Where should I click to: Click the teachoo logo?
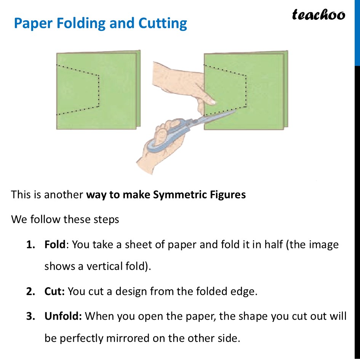pyautogui.click(x=318, y=15)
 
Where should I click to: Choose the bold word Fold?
pyautogui.click(x=55, y=244)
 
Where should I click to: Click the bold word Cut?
pyautogui.click(x=55, y=292)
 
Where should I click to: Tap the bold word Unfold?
pyautogui.click(x=63, y=317)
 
